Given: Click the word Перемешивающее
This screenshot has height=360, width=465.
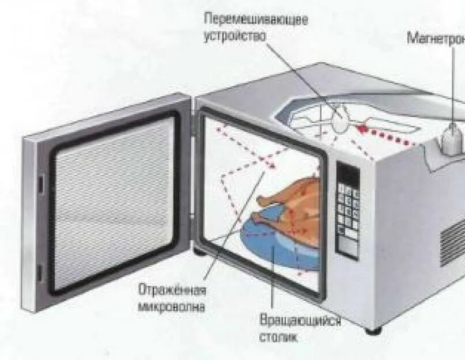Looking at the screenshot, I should tap(256, 18).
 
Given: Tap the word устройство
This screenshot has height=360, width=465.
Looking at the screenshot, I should tap(235, 35).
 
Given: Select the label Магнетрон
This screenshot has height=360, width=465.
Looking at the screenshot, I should tap(436, 39).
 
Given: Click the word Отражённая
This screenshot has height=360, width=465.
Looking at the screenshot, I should tap(172, 290).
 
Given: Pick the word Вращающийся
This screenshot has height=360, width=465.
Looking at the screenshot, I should tap(300, 321).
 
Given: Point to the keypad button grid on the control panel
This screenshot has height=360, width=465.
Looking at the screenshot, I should tap(347, 213).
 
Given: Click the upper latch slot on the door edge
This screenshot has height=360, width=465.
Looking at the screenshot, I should tap(41, 183).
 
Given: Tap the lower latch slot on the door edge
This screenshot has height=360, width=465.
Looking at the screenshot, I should tap(40, 273).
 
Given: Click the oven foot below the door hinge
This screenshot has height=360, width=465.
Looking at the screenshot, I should tap(199, 252).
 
